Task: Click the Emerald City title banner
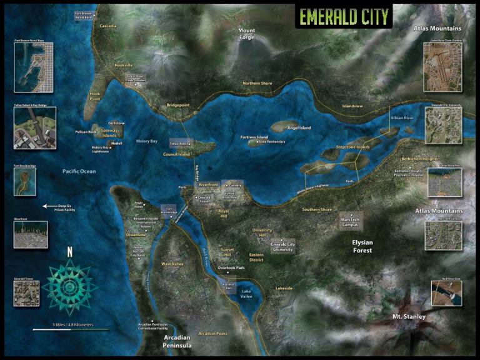pos(344,17)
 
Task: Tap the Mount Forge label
pos(246,33)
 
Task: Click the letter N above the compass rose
pos(70,253)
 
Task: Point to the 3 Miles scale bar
pos(71,327)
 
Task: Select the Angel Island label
pos(299,128)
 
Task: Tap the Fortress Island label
pos(254,137)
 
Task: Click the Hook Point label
pos(95,97)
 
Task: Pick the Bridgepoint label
pos(177,106)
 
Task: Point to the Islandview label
pos(352,106)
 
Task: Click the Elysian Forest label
pos(362,246)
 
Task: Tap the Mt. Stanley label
pos(409,317)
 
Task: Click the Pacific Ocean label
pos(79,171)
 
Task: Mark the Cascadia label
pos(107,26)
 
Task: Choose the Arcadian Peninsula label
pos(177,341)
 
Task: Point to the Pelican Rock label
pos(84,132)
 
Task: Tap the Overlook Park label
pos(231,268)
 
